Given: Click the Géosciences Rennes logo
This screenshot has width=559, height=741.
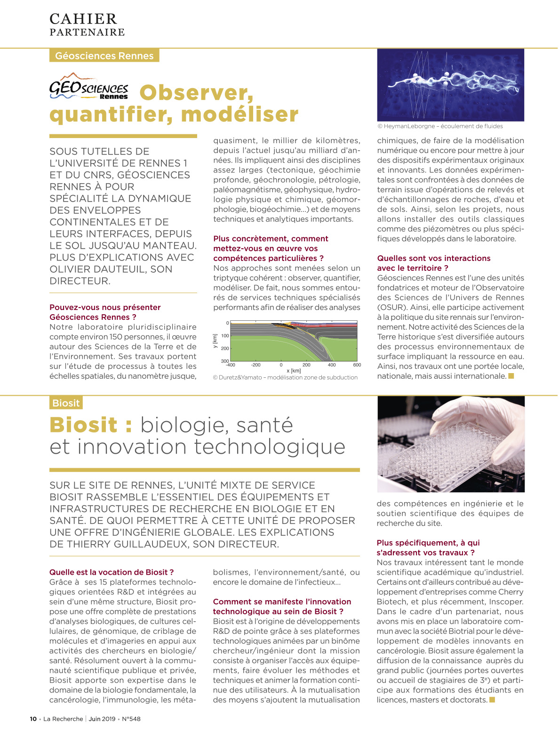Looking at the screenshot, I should click(88, 87).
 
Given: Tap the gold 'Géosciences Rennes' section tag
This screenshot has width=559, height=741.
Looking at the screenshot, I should click(104, 56).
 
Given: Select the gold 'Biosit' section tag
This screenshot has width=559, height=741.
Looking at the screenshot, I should click(66, 403).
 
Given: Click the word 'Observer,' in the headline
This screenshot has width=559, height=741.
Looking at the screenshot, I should click(196, 92).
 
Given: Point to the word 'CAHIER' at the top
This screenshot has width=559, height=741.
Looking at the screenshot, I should click(83, 19).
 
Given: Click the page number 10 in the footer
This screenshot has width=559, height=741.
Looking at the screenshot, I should click(33, 719).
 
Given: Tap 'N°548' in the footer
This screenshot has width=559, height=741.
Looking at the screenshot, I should click(131, 719).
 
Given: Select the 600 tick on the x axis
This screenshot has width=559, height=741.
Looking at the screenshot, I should click(357, 365).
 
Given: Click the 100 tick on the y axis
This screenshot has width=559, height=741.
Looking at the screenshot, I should click(225, 336).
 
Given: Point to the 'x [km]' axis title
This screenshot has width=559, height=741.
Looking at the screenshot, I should click(294, 371).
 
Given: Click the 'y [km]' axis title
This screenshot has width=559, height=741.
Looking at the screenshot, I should click(215, 341).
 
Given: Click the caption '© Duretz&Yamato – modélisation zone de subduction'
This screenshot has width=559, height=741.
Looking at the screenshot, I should click(285, 377).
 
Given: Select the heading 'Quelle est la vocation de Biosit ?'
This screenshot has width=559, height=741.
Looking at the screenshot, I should click(112, 572).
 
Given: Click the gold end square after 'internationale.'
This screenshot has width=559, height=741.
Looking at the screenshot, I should click(511, 376).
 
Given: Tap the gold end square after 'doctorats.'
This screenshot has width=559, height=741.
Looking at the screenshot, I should click(492, 700).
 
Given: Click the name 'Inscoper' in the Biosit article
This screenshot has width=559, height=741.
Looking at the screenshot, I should click(506, 602).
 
